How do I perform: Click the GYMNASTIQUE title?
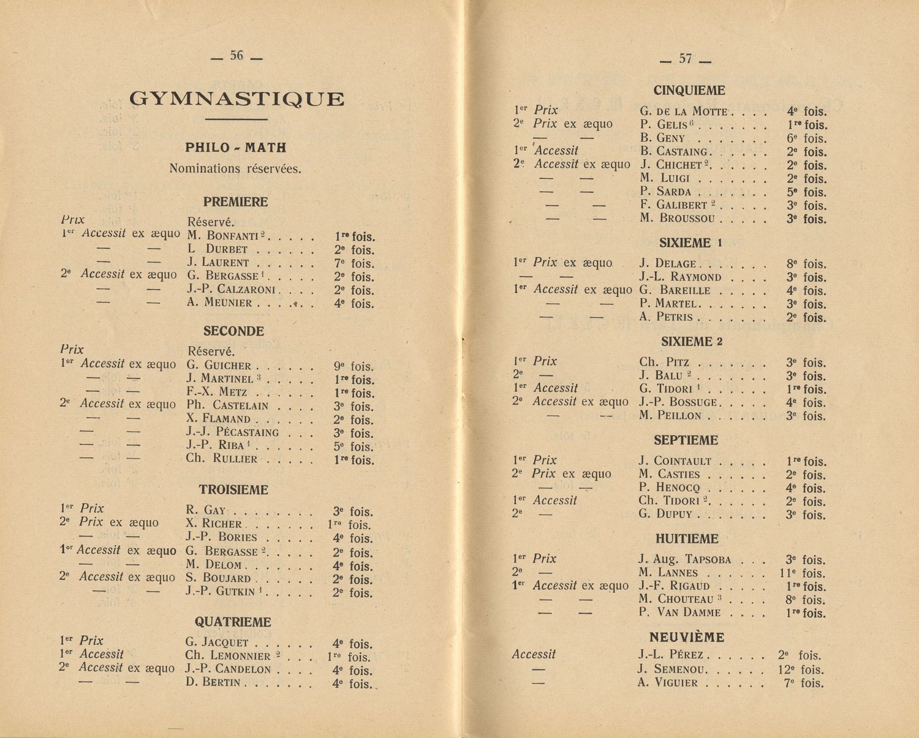(236, 99)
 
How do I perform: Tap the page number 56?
(236, 56)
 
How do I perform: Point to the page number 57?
(686, 59)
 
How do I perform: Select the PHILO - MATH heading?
(236, 148)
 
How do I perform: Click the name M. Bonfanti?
(225, 236)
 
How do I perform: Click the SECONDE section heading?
(233, 331)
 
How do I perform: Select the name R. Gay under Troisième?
(206, 511)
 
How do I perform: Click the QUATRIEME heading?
(233, 622)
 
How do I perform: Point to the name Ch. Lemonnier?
(228, 656)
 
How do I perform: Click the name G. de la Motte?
(683, 111)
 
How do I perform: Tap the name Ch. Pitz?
(664, 363)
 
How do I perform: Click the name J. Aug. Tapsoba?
(684, 559)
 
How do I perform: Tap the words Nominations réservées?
(235, 168)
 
